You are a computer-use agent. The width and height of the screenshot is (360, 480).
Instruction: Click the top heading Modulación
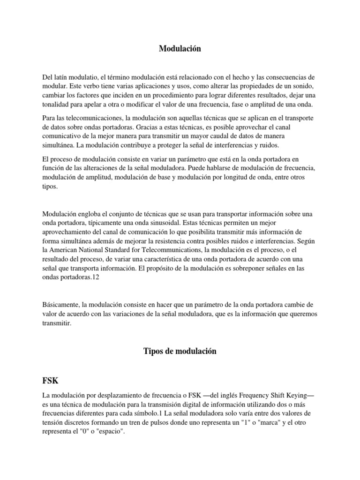tap(180, 48)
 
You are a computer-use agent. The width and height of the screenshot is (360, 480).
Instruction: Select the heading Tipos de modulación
tap(180, 352)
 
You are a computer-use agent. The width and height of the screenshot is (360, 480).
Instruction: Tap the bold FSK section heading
tap(50, 380)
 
